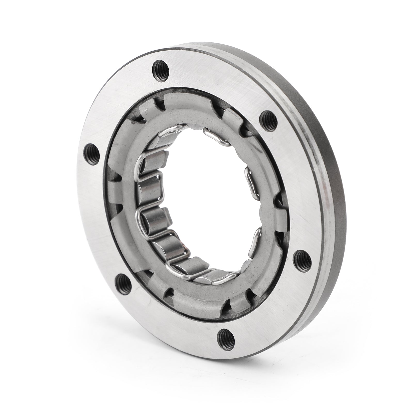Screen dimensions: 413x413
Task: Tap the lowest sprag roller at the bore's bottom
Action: [x=204, y=279]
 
